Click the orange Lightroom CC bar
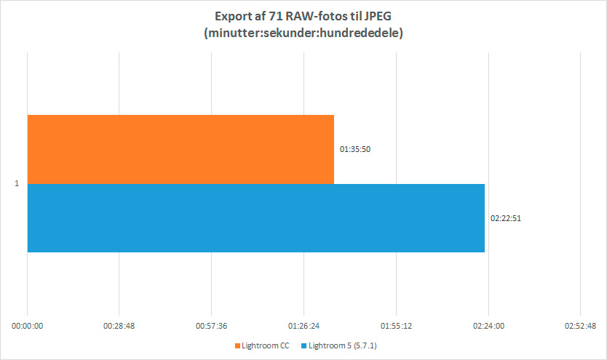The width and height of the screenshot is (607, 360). tap(180, 149)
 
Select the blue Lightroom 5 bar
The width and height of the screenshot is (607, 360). tap(255, 217)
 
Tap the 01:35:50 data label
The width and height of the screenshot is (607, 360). tap(356, 149)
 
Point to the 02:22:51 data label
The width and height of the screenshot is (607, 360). tap(507, 217)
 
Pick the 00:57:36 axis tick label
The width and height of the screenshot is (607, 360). tap(212, 326)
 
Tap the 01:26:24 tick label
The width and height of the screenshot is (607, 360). tap(304, 326)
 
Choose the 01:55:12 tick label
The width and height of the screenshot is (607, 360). tap(396, 326)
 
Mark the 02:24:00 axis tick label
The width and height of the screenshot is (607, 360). tap(488, 326)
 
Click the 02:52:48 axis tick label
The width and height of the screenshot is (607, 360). tap(580, 326)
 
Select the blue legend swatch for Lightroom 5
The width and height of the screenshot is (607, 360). tap(304, 346)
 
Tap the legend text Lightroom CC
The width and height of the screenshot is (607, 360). tap(266, 346)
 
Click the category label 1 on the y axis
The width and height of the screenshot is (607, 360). tap(17, 184)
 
